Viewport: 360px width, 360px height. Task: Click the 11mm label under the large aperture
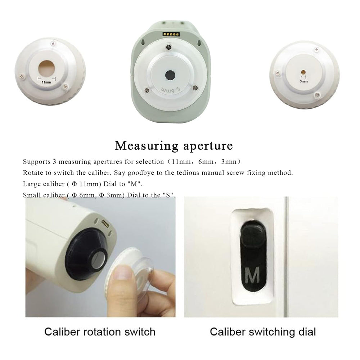click(x=46, y=82)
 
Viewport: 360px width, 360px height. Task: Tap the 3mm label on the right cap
click(x=304, y=81)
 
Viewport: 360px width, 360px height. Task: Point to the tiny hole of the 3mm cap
click(x=303, y=72)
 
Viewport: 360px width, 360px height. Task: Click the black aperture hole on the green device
click(x=170, y=75)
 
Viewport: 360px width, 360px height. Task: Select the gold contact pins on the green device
click(x=171, y=35)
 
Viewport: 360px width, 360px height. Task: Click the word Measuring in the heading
click(x=147, y=146)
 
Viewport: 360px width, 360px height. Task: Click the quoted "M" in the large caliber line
click(x=135, y=184)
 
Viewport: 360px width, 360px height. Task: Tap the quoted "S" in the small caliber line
click(x=169, y=195)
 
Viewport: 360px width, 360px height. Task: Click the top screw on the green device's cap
click(x=168, y=48)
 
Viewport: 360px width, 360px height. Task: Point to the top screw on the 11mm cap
click(x=53, y=43)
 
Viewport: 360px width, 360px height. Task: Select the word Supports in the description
click(x=36, y=162)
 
